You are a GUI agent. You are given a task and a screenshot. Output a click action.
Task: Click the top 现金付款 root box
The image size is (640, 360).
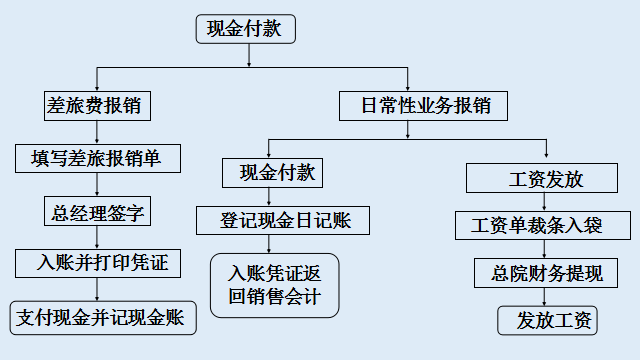(x=245, y=30)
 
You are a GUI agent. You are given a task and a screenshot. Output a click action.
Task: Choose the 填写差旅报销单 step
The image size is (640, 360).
(x=98, y=158)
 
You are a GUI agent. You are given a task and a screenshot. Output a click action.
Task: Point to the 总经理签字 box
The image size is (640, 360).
(x=97, y=211)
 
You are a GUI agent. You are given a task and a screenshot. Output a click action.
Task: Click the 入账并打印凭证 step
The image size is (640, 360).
(x=97, y=264)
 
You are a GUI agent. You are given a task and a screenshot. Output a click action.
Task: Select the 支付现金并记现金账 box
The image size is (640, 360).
(x=102, y=318)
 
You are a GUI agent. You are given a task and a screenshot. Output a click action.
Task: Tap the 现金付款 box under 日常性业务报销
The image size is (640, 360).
(x=272, y=173)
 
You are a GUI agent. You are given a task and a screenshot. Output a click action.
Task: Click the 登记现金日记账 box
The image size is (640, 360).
(x=287, y=219)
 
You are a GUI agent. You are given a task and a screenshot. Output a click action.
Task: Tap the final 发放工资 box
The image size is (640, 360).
(x=547, y=320)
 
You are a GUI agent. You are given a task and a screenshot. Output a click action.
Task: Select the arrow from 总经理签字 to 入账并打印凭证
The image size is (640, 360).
(x=97, y=238)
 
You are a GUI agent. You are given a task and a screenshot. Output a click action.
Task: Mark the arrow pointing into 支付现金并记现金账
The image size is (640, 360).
(x=97, y=290)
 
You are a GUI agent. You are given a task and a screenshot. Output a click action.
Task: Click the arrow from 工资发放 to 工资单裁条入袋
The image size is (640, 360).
(x=545, y=202)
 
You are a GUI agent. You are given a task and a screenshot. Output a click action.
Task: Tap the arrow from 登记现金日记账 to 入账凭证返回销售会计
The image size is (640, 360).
(x=274, y=243)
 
